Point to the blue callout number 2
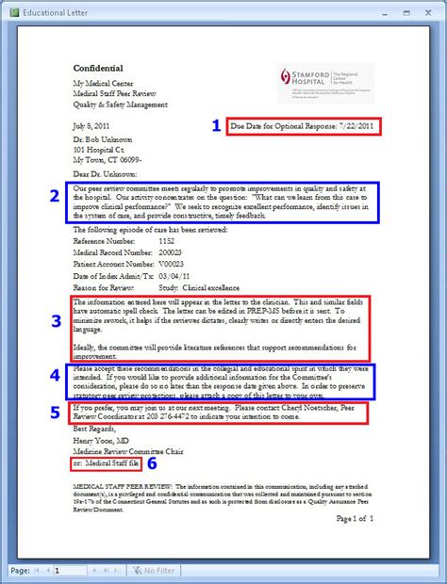point(55,196)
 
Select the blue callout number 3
point(57,319)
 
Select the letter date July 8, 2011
point(93,124)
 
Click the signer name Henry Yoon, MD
point(104,441)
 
